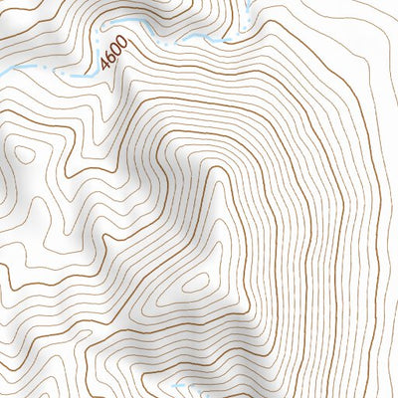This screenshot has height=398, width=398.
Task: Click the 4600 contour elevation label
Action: (113, 57)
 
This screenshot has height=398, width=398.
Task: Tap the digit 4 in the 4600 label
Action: (106, 67)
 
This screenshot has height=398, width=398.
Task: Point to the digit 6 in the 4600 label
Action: (110, 60)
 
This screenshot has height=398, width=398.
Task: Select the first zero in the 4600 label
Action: (115, 53)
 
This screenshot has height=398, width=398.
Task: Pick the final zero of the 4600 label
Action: (120, 46)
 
